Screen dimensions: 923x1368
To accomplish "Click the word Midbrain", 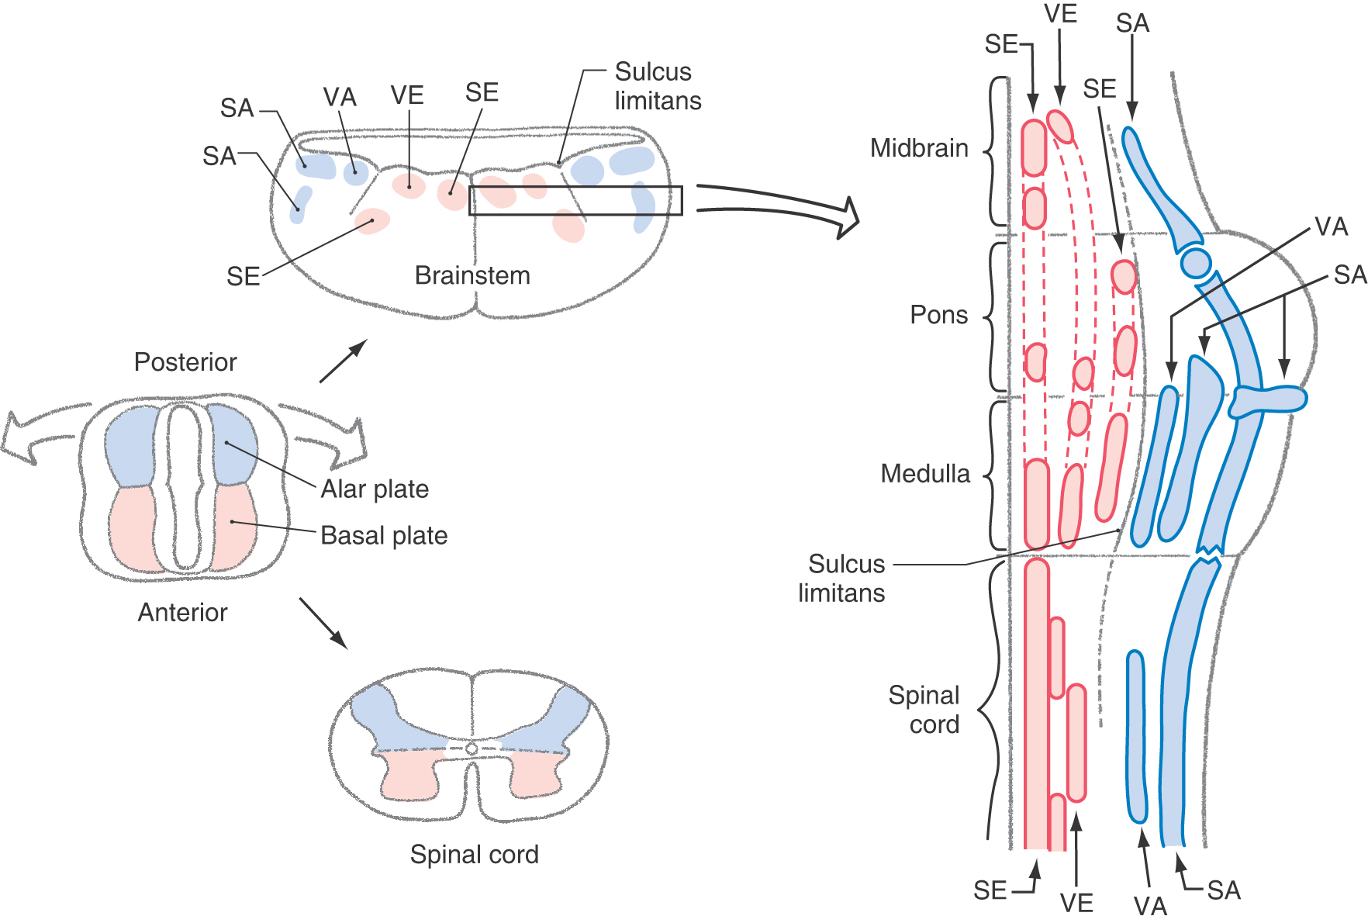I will coord(919,148).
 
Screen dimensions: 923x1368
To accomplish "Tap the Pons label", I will coord(938,315).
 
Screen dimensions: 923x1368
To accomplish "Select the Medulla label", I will coord(925,474).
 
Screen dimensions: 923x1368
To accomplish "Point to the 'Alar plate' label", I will coord(375,489).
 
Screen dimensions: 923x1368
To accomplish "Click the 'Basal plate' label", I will coord(384,536).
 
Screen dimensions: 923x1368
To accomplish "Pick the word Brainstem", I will coord(472,275).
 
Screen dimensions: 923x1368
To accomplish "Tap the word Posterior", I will coord(185,362).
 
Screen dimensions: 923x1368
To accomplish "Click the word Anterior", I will coord(183,613).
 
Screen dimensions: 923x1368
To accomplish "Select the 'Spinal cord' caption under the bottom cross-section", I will coord(474,855).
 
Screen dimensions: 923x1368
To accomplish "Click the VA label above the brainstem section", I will coord(340,98).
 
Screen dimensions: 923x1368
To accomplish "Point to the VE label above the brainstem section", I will coord(407,95).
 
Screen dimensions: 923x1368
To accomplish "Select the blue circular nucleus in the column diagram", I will coord(1196,262).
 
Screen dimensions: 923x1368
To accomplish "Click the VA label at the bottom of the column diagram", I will coord(1149,905).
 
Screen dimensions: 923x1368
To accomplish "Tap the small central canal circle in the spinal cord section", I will coord(472,749).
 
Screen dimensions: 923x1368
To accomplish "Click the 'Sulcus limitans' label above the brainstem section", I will coord(658,86).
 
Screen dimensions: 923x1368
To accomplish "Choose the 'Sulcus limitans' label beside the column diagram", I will coord(842,579).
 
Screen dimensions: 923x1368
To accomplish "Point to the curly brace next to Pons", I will coord(994,316).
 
